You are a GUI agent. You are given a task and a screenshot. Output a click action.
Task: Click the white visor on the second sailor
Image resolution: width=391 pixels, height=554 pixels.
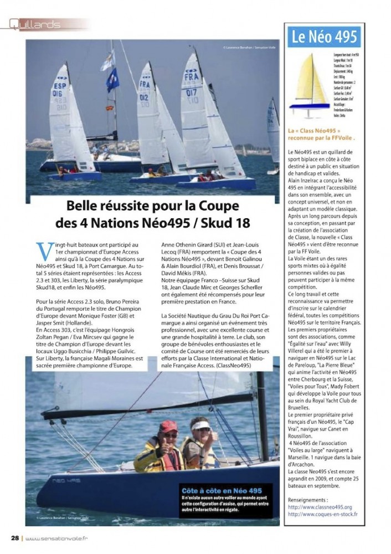point(200,425)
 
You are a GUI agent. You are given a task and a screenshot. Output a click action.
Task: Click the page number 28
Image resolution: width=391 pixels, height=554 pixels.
point(16,537)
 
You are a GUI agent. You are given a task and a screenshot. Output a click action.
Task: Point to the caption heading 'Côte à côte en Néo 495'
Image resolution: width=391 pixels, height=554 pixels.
point(222,491)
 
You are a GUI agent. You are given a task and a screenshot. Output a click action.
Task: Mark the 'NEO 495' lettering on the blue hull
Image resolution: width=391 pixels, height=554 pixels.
point(58,480)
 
